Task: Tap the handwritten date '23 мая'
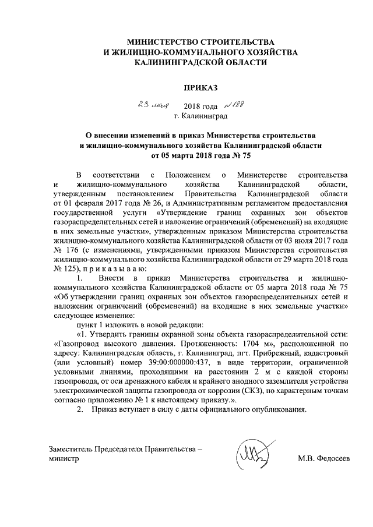click(x=149, y=105)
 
